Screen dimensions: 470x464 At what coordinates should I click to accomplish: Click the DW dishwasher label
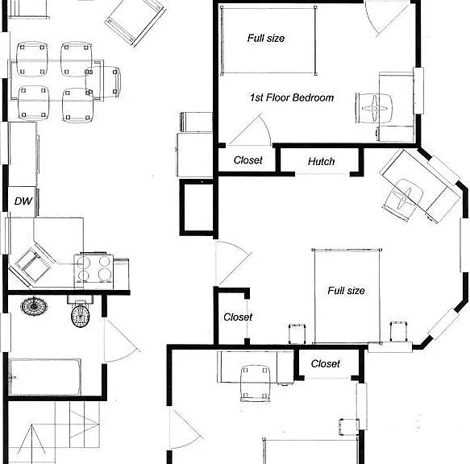(x=23, y=201)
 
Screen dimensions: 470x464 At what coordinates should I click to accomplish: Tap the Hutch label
(x=321, y=161)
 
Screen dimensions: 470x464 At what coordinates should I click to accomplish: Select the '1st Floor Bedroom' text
(x=292, y=97)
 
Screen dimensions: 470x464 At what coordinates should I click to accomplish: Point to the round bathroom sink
(x=34, y=306)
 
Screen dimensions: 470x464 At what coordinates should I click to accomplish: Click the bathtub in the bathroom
(x=45, y=377)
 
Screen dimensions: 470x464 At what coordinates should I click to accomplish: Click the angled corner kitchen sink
(x=33, y=265)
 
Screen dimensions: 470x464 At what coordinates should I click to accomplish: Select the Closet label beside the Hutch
(x=247, y=160)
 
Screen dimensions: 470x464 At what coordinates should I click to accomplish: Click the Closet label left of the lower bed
(x=238, y=317)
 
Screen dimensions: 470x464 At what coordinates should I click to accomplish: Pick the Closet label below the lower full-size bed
(x=325, y=363)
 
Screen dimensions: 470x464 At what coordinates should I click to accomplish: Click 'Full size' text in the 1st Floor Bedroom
(x=266, y=38)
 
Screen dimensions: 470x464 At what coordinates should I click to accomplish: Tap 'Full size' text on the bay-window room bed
(x=346, y=291)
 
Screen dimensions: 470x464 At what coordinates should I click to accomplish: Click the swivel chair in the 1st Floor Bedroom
(x=374, y=108)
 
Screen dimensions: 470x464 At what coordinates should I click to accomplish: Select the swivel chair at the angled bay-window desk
(x=403, y=199)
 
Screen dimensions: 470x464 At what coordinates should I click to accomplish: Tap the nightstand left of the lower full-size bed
(x=297, y=333)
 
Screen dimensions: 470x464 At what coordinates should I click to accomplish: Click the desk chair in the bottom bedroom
(x=255, y=383)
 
